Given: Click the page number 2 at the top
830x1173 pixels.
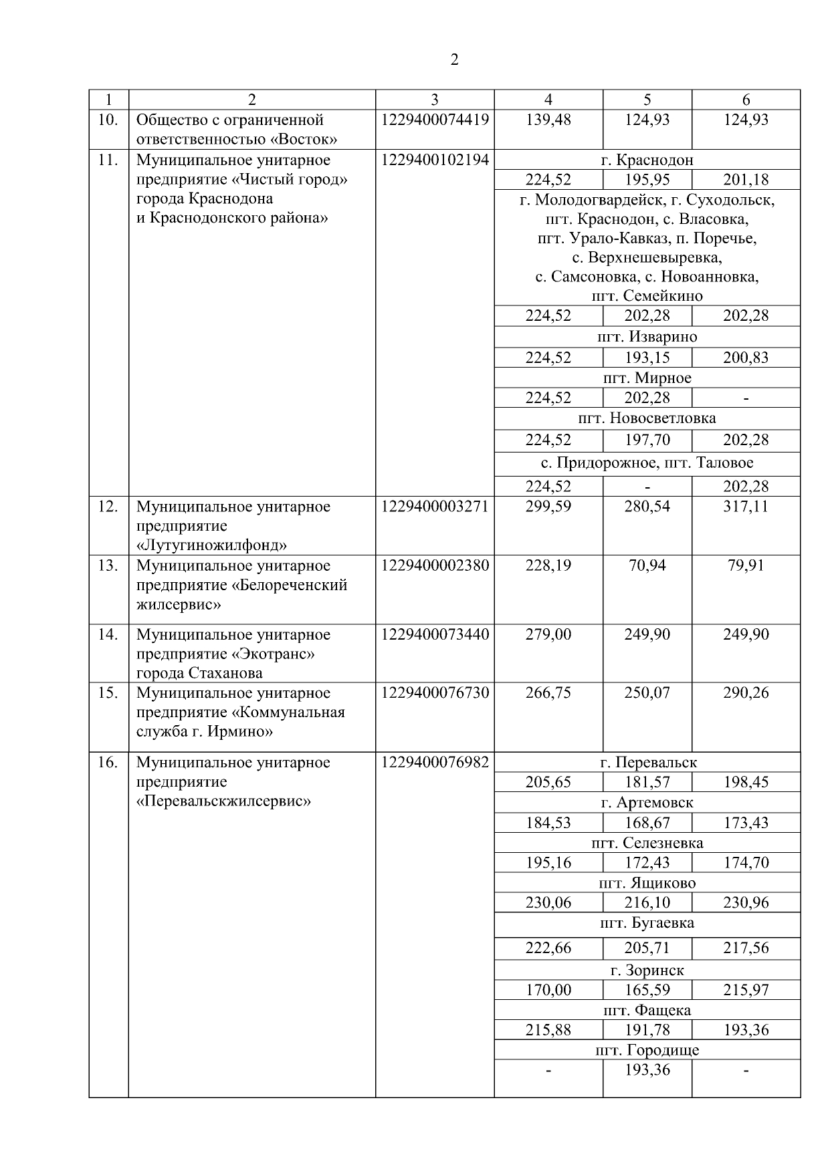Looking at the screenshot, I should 454,60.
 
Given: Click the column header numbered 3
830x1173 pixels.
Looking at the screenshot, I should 435,100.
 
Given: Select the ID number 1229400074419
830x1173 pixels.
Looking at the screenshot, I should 435,120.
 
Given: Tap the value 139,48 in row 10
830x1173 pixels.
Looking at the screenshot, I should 548,120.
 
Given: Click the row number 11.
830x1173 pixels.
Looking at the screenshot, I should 108,160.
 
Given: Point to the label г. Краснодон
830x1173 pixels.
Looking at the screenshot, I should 647,160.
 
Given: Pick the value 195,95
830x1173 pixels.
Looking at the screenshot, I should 647,180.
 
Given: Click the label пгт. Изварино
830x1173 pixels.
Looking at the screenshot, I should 647,336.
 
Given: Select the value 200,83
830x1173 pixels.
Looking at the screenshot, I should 746,358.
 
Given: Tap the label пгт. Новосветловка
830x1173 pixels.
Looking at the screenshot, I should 647,418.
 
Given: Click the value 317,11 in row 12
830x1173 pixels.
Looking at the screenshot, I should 746,506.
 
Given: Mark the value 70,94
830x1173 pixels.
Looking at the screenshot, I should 647,565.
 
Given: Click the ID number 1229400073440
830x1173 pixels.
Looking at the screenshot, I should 435,634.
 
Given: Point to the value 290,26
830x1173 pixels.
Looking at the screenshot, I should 746,692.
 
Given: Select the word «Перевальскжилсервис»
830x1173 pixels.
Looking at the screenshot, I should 223,801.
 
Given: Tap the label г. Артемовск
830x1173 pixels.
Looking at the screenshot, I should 647,803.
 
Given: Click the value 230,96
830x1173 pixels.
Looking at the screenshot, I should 746,903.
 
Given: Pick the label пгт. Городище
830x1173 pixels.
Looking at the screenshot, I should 647,1050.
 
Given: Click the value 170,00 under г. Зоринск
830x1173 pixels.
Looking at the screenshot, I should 548,990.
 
